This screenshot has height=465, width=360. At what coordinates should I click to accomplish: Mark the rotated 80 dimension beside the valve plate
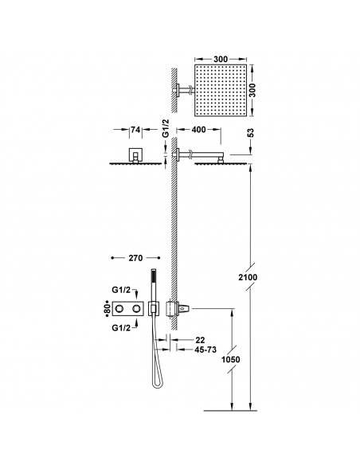tap(105, 307)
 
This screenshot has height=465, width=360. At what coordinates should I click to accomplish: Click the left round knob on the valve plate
tap(123, 307)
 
